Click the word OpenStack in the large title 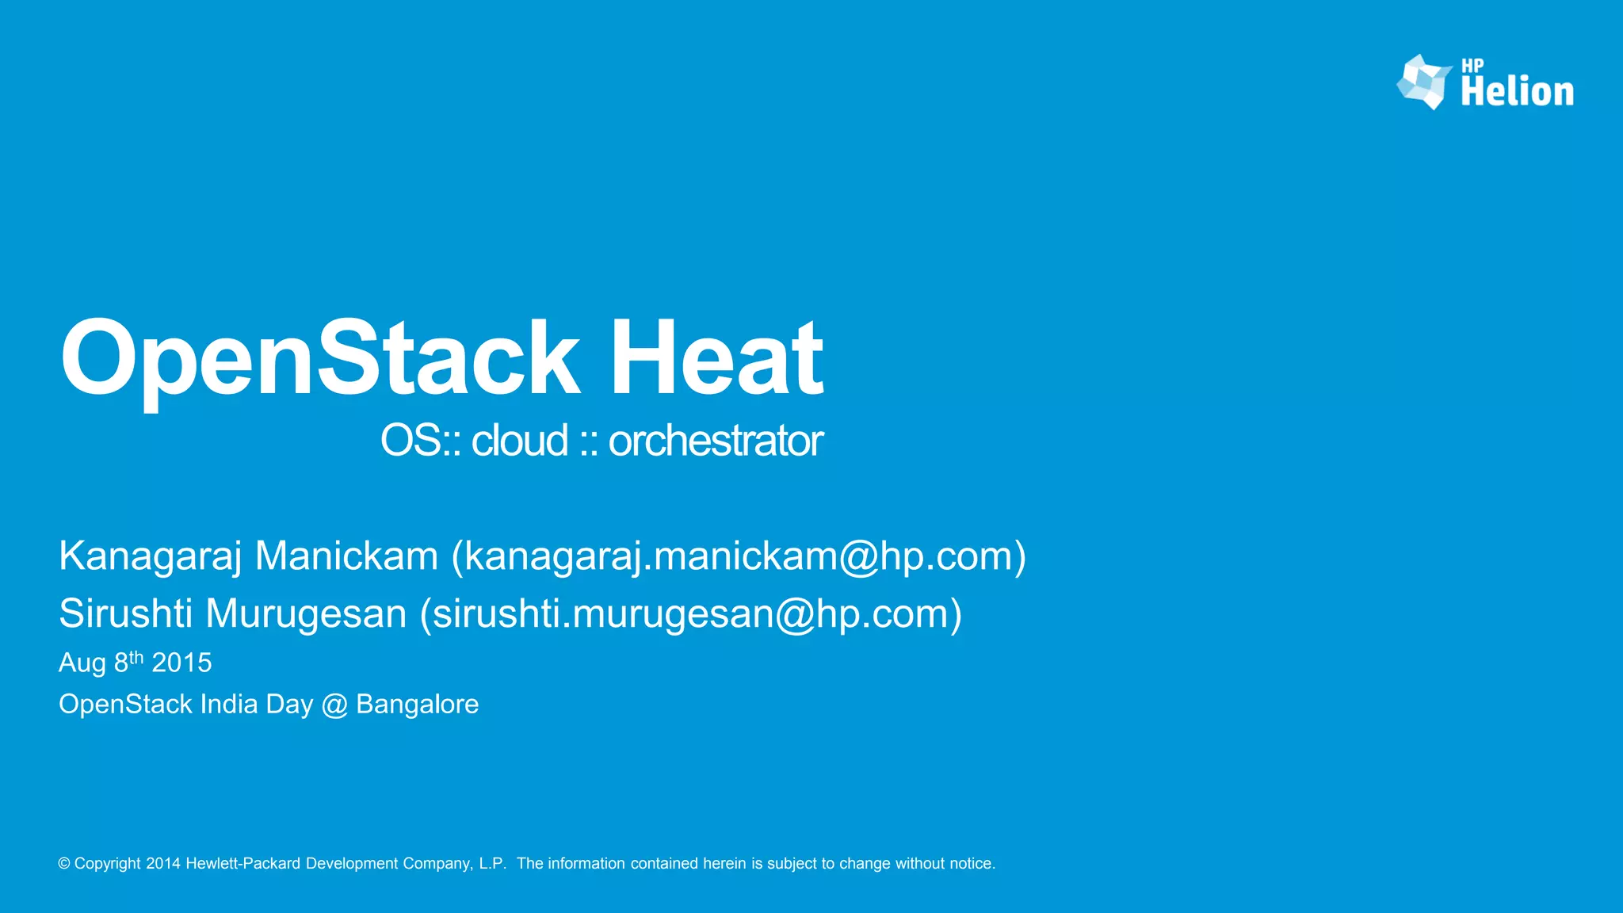point(319,358)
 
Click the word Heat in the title point(716,358)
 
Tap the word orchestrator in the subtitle point(715,441)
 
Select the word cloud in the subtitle point(519,441)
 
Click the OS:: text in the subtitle point(419,441)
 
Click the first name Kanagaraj point(150,556)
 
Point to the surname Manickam point(346,556)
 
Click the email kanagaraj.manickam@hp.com point(738,556)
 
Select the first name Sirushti point(125,614)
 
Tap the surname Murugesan point(306,614)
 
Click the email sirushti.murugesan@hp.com point(690,614)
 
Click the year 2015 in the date point(181,663)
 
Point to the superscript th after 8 point(136,657)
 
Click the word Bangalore point(417,705)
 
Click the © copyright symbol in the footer point(64,864)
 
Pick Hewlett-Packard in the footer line point(243,864)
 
